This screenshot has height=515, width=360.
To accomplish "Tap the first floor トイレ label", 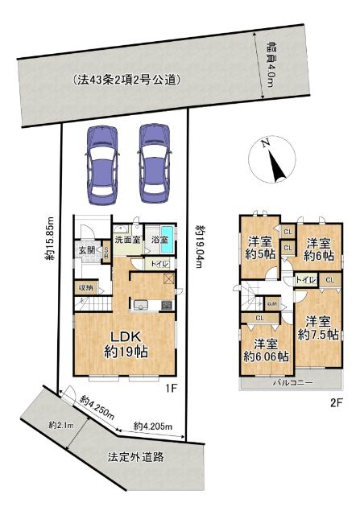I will pyautogui.click(x=158, y=263).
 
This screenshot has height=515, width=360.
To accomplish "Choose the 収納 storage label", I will pyautogui.click(x=85, y=287).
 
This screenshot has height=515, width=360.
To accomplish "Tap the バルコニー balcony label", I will pyautogui.click(x=291, y=383).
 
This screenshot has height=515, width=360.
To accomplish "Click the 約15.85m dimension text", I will pyautogui.click(x=50, y=241).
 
